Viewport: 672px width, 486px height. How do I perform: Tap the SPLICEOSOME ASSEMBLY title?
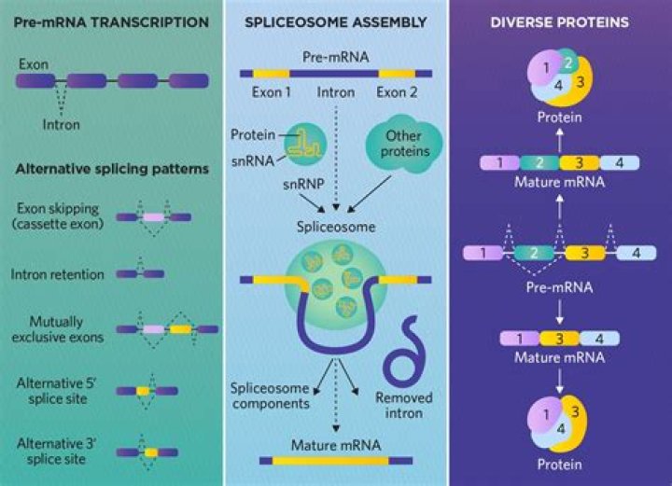click(335, 21)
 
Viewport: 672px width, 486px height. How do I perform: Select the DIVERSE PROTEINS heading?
click(560, 21)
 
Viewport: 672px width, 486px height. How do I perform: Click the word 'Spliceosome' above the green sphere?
click(335, 227)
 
